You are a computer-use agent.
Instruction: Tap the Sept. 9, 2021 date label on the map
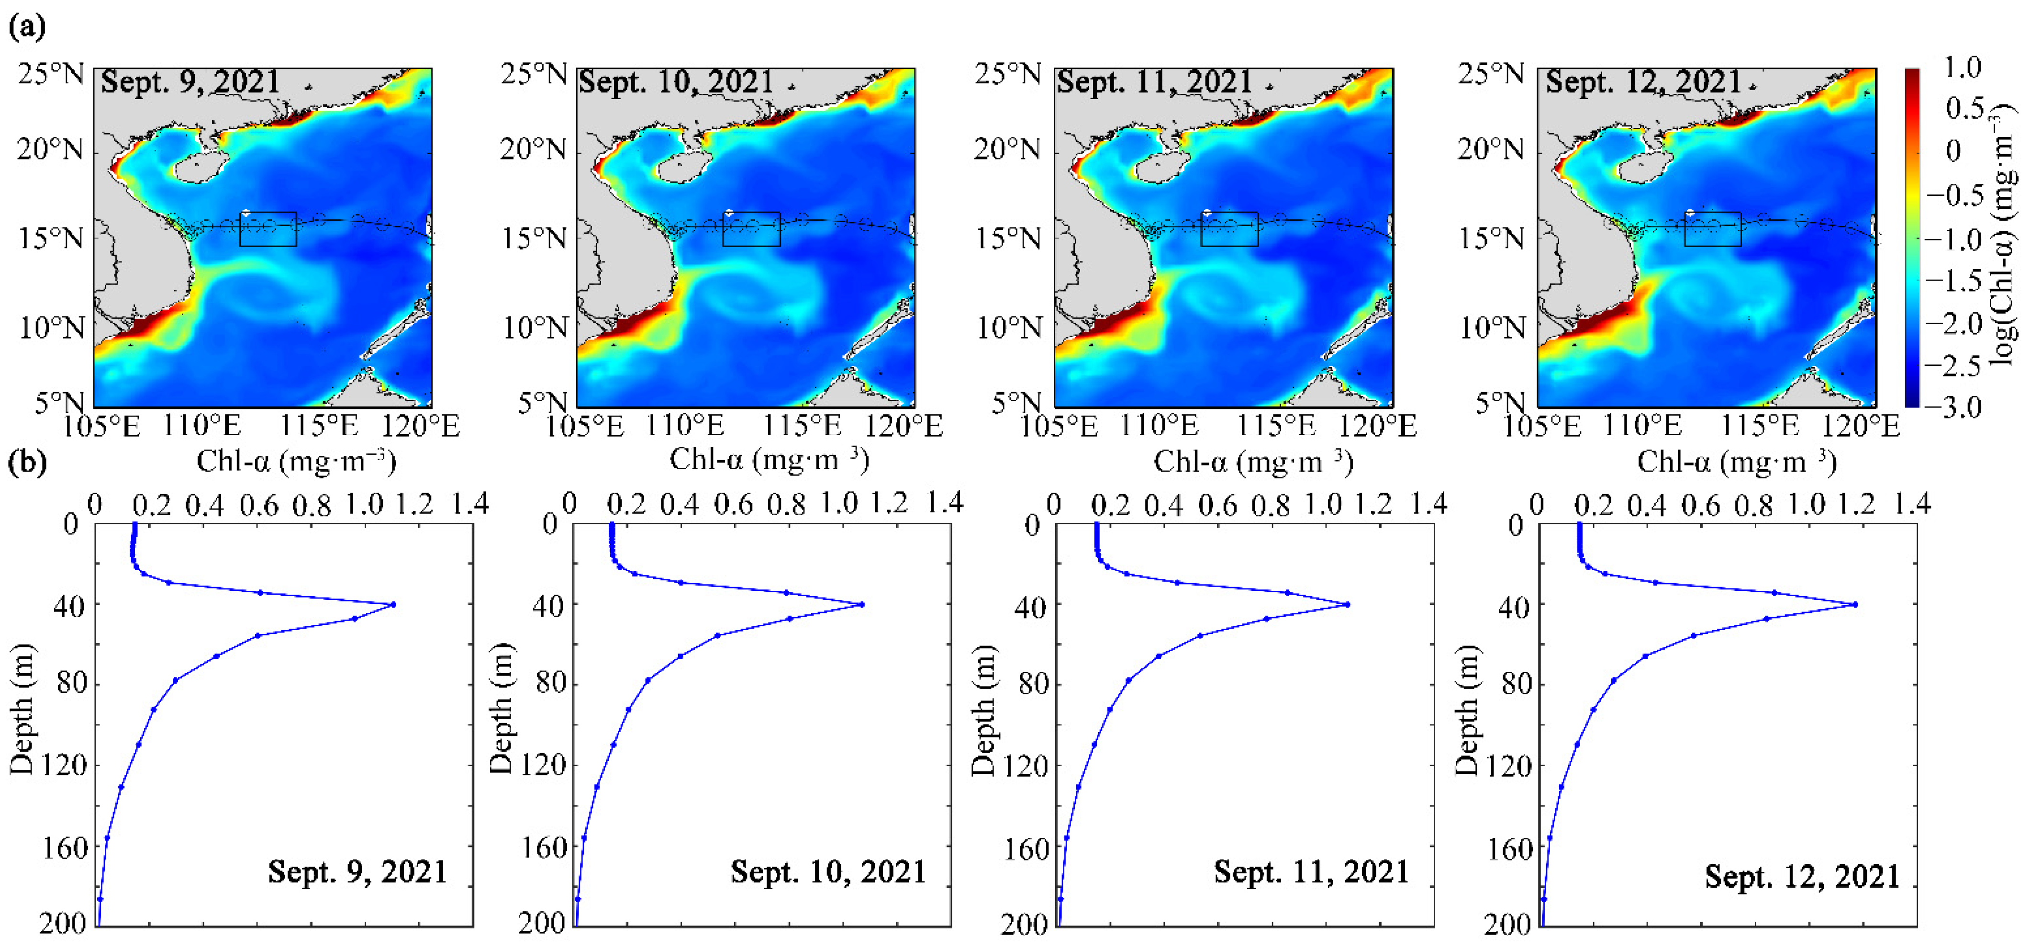click(191, 82)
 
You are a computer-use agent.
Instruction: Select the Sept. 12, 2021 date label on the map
click(1642, 82)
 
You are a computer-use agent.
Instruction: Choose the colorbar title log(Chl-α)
click(2006, 237)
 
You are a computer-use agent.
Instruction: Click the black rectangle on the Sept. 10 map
click(751, 229)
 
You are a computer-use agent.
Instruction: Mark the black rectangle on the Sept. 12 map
click(1712, 229)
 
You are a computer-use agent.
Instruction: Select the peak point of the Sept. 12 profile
click(1855, 605)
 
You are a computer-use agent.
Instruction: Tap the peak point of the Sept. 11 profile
click(1348, 605)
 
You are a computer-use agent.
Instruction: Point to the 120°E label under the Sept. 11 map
click(1377, 427)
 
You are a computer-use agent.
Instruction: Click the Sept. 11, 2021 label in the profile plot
click(1311, 872)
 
